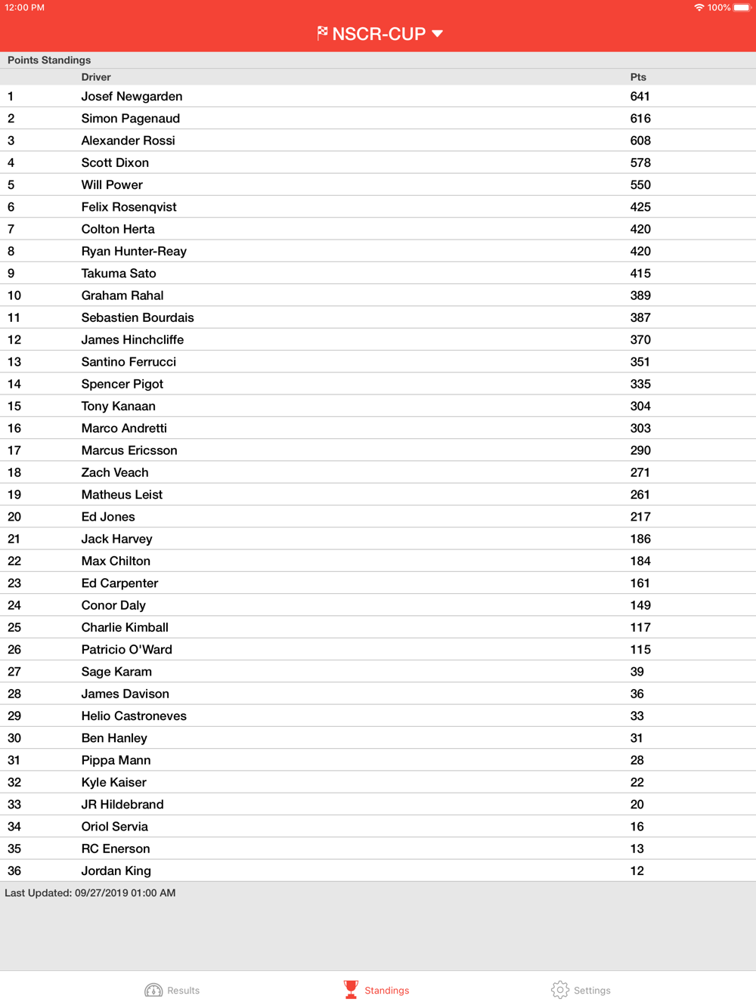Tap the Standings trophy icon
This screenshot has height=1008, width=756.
(x=351, y=989)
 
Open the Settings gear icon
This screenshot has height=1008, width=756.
(x=559, y=990)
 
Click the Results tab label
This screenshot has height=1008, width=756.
(x=183, y=991)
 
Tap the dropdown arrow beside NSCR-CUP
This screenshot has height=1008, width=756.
(x=438, y=34)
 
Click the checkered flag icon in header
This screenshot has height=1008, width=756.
(x=323, y=33)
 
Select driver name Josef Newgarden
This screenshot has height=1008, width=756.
(x=132, y=97)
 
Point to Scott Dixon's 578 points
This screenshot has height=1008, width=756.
(x=640, y=162)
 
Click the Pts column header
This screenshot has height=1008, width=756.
(x=638, y=77)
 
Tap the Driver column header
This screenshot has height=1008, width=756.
(x=96, y=77)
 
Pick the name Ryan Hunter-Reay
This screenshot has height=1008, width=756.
(x=134, y=252)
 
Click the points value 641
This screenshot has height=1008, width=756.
(x=640, y=97)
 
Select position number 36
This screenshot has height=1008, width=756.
(x=14, y=871)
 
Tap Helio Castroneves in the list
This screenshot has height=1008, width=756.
(x=134, y=716)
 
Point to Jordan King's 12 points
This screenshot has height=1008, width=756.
(x=637, y=871)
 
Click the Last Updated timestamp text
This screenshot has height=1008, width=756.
(x=90, y=893)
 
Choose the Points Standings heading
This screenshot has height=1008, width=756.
(x=49, y=60)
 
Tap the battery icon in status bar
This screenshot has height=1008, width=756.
(x=742, y=8)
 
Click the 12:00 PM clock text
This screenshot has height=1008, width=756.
(x=25, y=8)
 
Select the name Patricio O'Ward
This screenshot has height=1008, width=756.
(x=126, y=650)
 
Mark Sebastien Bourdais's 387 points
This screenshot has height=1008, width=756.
(x=640, y=318)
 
